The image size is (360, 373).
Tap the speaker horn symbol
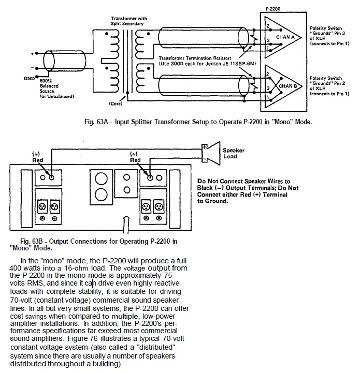point(210,151)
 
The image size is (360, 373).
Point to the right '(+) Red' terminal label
point(135,157)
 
